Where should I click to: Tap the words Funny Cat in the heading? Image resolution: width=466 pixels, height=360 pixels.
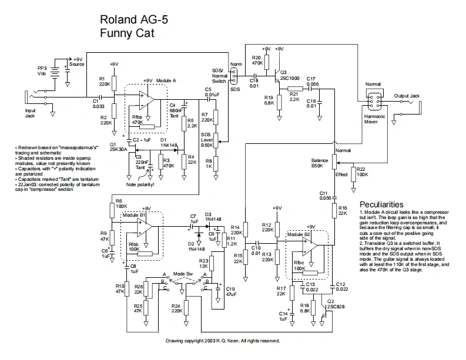[x=126, y=33]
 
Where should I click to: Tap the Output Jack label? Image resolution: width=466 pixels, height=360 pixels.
[x=407, y=96]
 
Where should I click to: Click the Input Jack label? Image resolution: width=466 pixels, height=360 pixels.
[x=31, y=113]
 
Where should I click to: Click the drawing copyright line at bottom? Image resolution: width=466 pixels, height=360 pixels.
[x=223, y=341]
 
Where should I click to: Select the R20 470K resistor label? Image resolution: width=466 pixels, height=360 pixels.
[x=257, y=59]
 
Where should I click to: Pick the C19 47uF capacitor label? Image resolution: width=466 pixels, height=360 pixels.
[x=230, y=292]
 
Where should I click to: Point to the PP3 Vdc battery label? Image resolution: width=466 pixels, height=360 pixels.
[x=42, y=71]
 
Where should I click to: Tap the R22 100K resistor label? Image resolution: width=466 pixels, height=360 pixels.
[x=361, y=172]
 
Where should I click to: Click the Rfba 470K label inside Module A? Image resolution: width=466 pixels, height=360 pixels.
[x=138, y=120]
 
